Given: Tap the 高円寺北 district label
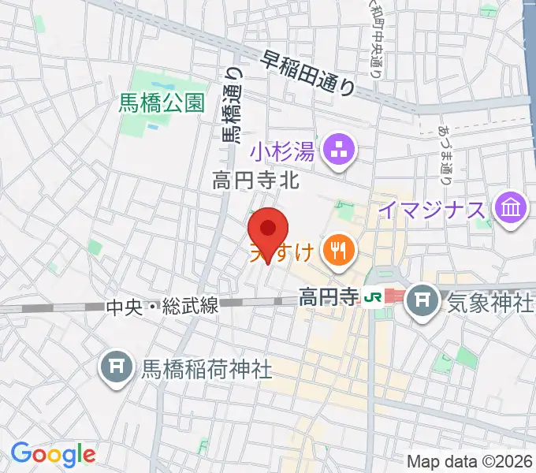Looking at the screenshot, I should (x=256, y=181).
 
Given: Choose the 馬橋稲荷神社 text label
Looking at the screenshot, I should (x=207, y=367).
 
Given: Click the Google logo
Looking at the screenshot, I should (x=53, y=454).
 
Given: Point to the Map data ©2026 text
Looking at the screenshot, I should (x=470, y=460).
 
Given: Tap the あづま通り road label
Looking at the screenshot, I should (x=445, y=154).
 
